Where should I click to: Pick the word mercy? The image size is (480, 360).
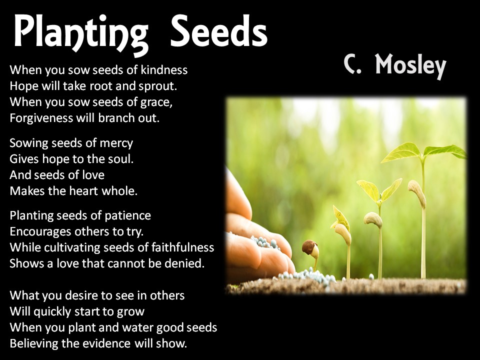pyautogui.click(x=118, y=143)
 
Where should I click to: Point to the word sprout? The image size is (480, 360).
pyautogui.click(x=159, y=85)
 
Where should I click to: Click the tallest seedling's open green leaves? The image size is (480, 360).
pyautogui.click(x=422, y=150)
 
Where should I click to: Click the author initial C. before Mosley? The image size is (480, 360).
pyautogui.click(x=352, y=65)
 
